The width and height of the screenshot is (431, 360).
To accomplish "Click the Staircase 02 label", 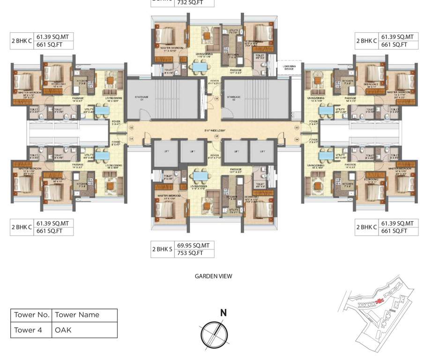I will click(234, 97).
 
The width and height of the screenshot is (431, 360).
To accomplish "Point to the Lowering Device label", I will click(289, 67).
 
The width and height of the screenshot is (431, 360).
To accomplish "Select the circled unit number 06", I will click(217, 99).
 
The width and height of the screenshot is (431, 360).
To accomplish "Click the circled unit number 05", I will click(216, 136).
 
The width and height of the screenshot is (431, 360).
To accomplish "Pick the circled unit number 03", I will click(297, 127).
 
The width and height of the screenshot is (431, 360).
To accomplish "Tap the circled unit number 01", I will click(131, 139).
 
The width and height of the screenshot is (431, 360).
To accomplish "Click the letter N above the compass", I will click(223, 313).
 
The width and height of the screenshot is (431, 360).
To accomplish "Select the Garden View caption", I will click(213, 277).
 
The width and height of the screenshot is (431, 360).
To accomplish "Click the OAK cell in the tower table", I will click(63, 330).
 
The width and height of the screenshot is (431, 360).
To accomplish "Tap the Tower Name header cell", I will click(77, 315).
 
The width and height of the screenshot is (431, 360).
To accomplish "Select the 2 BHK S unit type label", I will click(163, 249).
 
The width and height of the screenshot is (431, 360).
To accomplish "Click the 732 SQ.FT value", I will click(190, 3).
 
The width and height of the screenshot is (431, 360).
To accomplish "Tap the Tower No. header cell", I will click(31, 315).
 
